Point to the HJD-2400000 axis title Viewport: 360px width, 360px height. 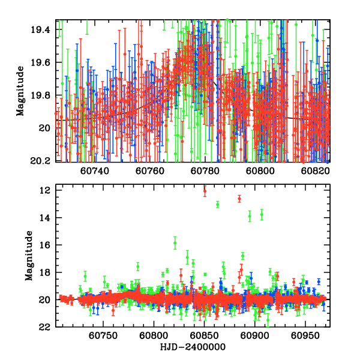192,347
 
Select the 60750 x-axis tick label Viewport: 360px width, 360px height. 102,337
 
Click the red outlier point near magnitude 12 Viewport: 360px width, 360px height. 205,191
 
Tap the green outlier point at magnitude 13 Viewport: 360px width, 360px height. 217,205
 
